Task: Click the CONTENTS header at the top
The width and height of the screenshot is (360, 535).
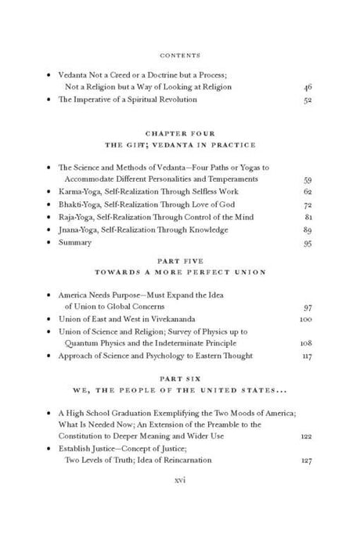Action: [x=180, y=56]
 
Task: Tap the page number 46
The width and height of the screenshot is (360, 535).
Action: [x=305, y=87]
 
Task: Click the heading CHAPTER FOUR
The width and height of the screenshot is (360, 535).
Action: [x=179, y=132]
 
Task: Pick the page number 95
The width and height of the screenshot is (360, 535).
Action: [x=305, y=242]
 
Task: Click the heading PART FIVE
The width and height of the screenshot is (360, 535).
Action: [x=179, y=264]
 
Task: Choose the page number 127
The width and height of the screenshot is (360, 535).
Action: [x=304, y=461]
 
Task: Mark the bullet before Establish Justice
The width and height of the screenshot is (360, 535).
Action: [x=49, y=448]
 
